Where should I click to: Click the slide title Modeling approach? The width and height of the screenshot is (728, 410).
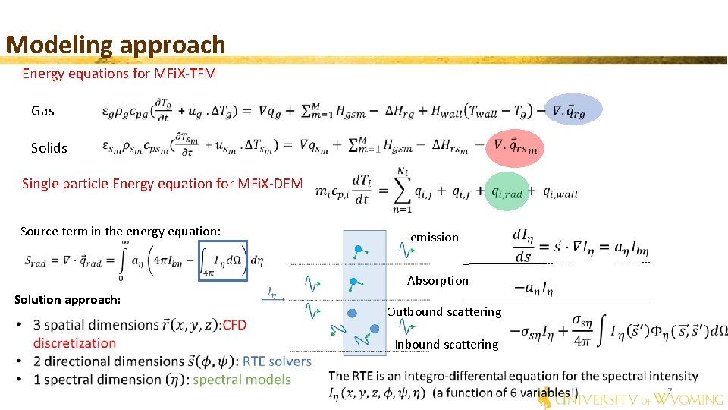(115, 44)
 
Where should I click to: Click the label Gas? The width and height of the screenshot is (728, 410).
(43, 111)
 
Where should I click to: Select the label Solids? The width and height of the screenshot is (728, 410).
(49, 148)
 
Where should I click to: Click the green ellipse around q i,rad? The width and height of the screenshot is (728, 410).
(507, 193)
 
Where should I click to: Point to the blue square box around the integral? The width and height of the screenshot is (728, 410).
(223, 260)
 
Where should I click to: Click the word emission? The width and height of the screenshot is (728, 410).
(435, 238)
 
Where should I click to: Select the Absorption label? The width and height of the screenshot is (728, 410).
(438, 281)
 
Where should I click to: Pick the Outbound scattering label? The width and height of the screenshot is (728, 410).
(444, 312)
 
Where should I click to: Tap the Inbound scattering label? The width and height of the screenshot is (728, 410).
(446, 345)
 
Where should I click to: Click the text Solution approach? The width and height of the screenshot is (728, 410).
(67, 300)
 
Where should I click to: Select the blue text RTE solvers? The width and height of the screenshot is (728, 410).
(278, 361)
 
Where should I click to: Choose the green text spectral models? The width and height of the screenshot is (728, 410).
(242, 380)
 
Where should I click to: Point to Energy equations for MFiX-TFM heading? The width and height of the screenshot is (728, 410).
(119, 74)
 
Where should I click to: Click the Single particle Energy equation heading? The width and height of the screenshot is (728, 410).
(162, 183)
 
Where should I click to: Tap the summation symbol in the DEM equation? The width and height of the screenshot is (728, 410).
(403, 189)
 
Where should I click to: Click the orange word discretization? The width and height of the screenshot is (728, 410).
(74, 343)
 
